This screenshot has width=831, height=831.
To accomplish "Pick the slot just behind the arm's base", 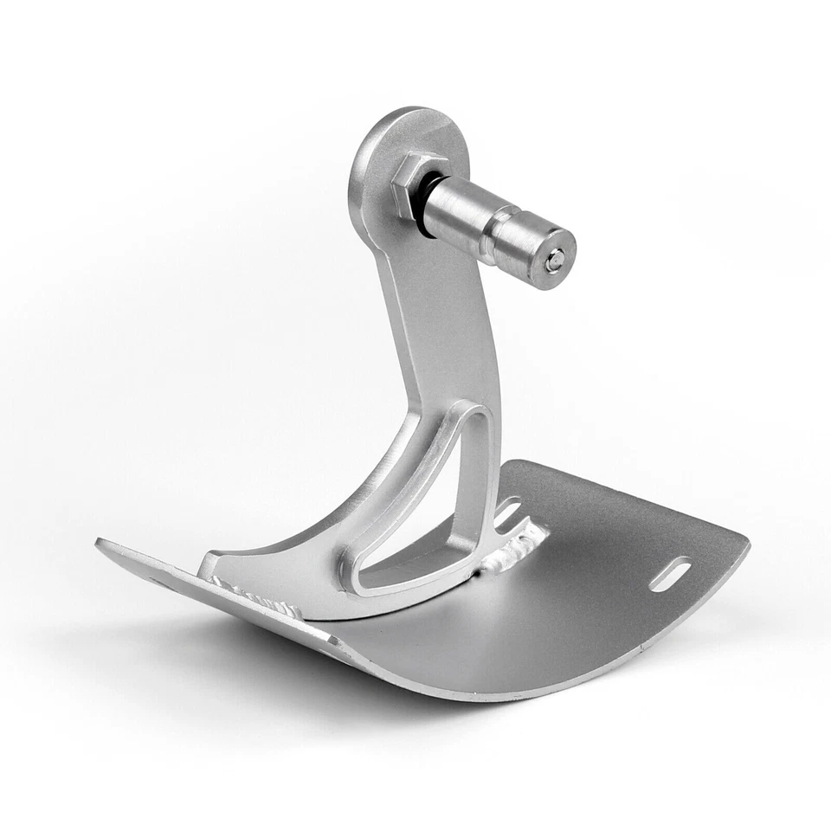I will click(511, 512).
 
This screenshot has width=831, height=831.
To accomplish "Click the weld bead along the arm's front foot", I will click(260, 597).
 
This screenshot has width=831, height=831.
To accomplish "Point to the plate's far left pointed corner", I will click(99, 544).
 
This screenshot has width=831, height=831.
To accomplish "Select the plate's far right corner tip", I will click(746, 539).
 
